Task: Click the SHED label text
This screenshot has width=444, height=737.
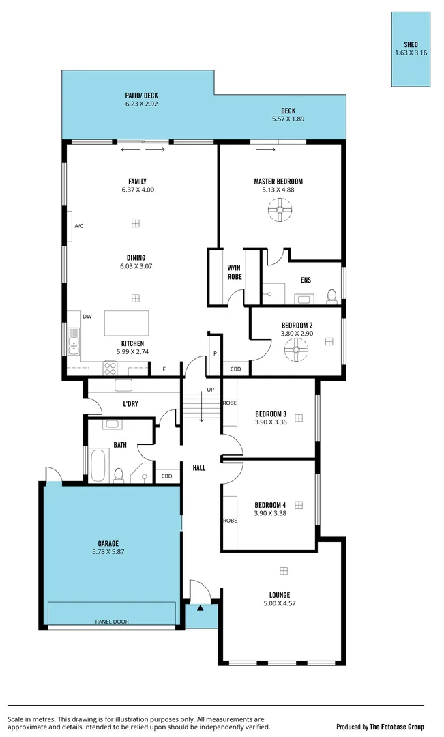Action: (411, 44)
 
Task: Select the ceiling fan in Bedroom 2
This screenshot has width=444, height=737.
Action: (297, 351)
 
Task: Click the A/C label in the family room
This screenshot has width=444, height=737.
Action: (79, 226)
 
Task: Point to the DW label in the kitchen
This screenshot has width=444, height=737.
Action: (87, 317)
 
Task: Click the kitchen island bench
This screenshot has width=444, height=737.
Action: (126, 323)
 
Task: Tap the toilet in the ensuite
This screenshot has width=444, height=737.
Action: (331, 295)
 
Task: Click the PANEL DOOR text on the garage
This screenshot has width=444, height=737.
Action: (111, 622)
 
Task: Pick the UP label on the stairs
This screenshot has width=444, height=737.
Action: (210, 390)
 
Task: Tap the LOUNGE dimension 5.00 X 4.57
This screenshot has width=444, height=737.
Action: (280, 603)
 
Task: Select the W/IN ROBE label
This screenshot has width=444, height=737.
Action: (235, 272)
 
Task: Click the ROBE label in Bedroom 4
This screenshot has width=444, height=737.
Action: (229, 520)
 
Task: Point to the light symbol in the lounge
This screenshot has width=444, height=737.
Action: (284, 571)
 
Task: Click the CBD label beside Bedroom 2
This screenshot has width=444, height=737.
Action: (235, 369)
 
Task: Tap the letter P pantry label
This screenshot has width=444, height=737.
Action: (215, 353)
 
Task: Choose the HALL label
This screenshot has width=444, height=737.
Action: (199, 468)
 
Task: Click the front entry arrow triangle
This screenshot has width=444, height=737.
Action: (200, 607)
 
